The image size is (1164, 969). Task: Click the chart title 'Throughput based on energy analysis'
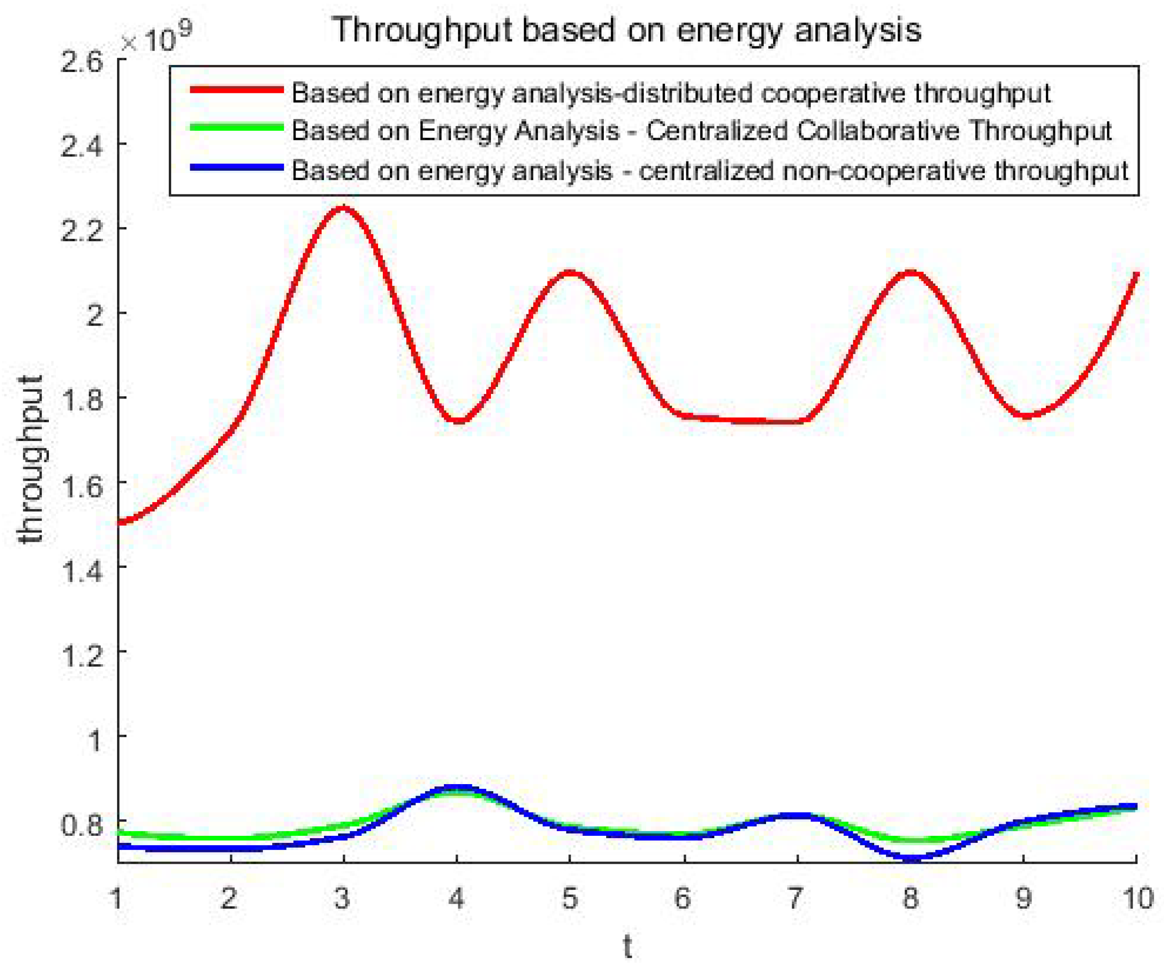tap(626, 30)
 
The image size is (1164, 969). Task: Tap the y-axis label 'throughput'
tap(30, 459)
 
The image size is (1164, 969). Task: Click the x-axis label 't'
tap(627, 946)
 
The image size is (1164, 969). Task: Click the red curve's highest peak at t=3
tap(344, 208)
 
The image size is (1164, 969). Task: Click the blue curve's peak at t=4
tap(457, 787)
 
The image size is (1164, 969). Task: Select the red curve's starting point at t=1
tap(120, 521)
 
